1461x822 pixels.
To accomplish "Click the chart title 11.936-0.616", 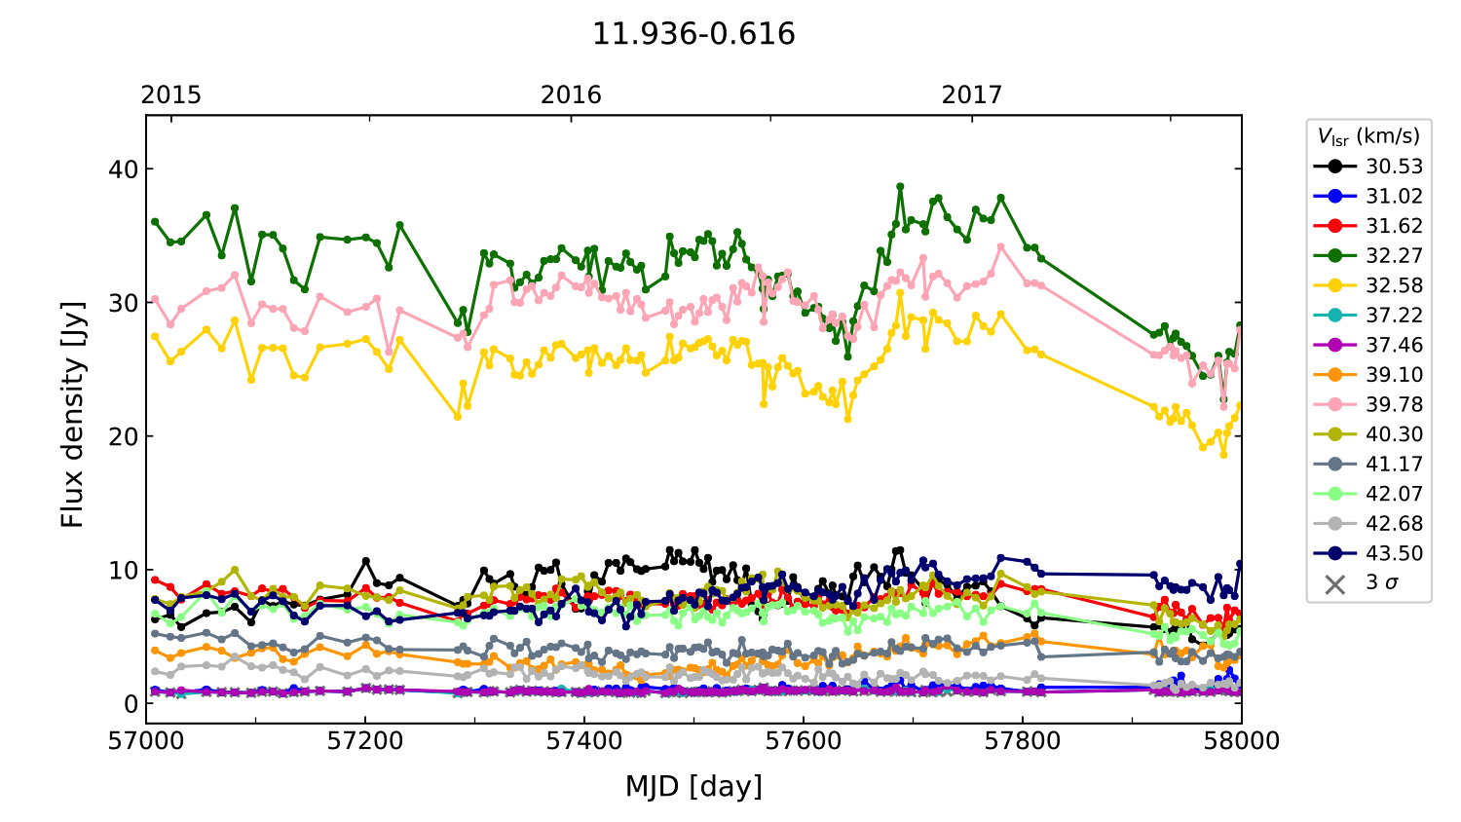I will pos(693,34).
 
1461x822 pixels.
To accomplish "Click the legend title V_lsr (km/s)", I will pos(1368,136).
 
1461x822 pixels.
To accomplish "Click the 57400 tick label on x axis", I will pos(584,741).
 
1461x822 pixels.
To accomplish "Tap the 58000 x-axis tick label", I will pos(1241,741).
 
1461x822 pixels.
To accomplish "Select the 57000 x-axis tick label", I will pos(146,741).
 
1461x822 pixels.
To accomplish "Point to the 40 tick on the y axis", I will pos(124,169).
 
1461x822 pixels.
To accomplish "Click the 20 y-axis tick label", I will pos(124,436).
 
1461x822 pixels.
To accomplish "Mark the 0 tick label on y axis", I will pos(131,703).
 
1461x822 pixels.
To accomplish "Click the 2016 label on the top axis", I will pos(571,94).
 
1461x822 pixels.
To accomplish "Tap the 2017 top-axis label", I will pos(971,94).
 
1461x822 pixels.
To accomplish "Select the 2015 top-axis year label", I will pos(171,94).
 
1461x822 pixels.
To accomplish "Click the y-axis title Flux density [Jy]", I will pos(73,414).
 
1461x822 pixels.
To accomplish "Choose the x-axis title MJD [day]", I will pos(693,786).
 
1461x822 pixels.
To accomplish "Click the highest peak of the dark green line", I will pos(900,186).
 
